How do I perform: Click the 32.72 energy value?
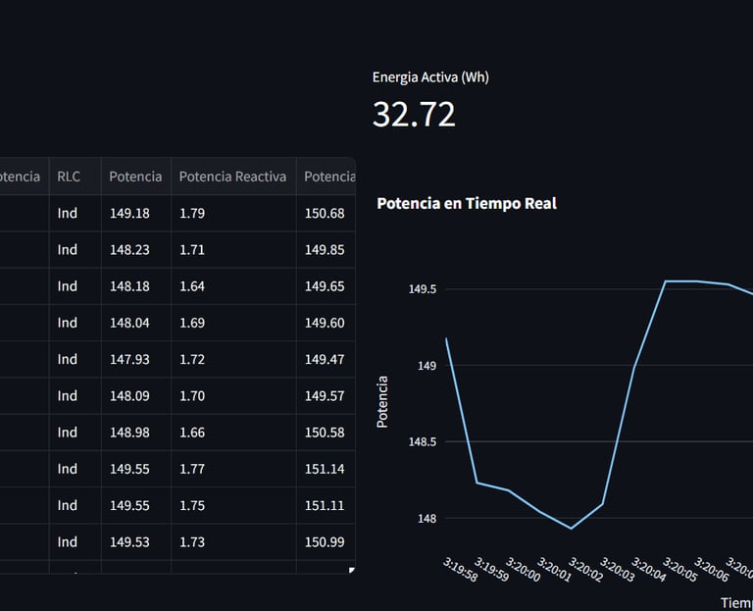[x=414, y=115]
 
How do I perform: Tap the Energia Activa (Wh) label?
[x=429, y=76]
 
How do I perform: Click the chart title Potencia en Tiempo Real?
[x=467, y=203]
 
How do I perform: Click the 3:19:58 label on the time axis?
[x=460, y=570]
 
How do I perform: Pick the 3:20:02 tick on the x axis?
[x=585, y=570]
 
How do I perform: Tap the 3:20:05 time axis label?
[x=679, y=570]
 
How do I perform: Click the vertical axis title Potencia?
[x=382, y=401]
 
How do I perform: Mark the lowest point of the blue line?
[x=572, y=529]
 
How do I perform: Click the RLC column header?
[x=69, y=177]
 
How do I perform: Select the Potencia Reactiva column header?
[x=232, y=177]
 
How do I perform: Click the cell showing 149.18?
[x=129, y=213]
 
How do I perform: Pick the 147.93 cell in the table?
[x=129, y=359]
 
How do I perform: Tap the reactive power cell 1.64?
[x=192, y=286]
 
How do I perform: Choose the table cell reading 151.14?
[x=325, y=469]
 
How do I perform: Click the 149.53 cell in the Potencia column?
[x=129, y=541]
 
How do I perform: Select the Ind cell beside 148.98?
[x=67, y=433]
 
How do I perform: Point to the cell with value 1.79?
[x=192, y=213]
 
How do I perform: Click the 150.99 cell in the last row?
[x=325, y=541]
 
